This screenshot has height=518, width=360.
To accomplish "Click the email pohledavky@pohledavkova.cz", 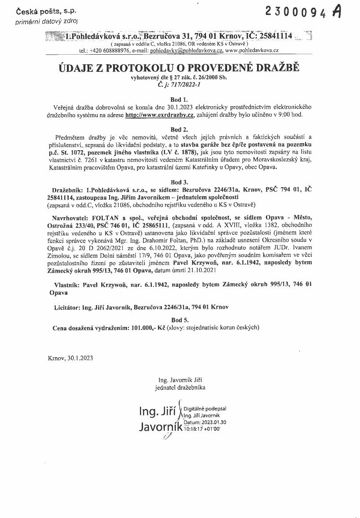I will pyautogui.click(x=187, y=51).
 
